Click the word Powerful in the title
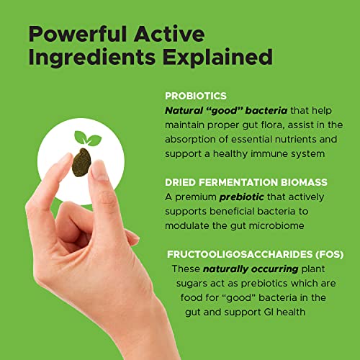(x=78, y=34)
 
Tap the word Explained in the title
(x=217, y=57)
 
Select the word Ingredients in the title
(x=92, y=57)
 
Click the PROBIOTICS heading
(x=196, y=96)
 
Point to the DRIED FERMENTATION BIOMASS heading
(x=246, y=182)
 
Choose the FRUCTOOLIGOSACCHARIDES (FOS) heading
(x=255, y=254)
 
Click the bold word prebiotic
(x=242, y=197)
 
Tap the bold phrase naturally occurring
(x=251, y=269)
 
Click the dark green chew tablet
(x=81, y=163)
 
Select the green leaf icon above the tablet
(x=88, y=138)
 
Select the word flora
(x=272, y=125)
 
